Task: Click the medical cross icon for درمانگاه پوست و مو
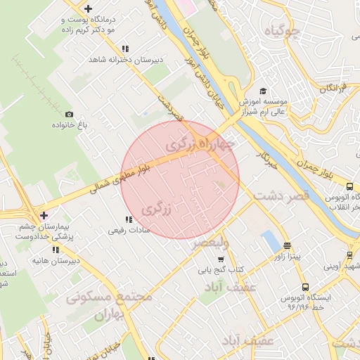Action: click(87, 9)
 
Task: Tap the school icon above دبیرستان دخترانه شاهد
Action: click(125, 49)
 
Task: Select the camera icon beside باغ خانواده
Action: click(69, 114)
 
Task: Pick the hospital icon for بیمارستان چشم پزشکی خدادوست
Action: click(44, 215)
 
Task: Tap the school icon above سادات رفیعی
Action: click(127, 219)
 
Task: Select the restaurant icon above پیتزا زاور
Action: click(287, 246)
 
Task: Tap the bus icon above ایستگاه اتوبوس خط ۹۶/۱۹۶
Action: click(305, 287)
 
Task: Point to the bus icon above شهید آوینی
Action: click(349, 255)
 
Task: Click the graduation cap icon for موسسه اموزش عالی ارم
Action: click(263, 91)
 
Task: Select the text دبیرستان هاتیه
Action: click(49, 260)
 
